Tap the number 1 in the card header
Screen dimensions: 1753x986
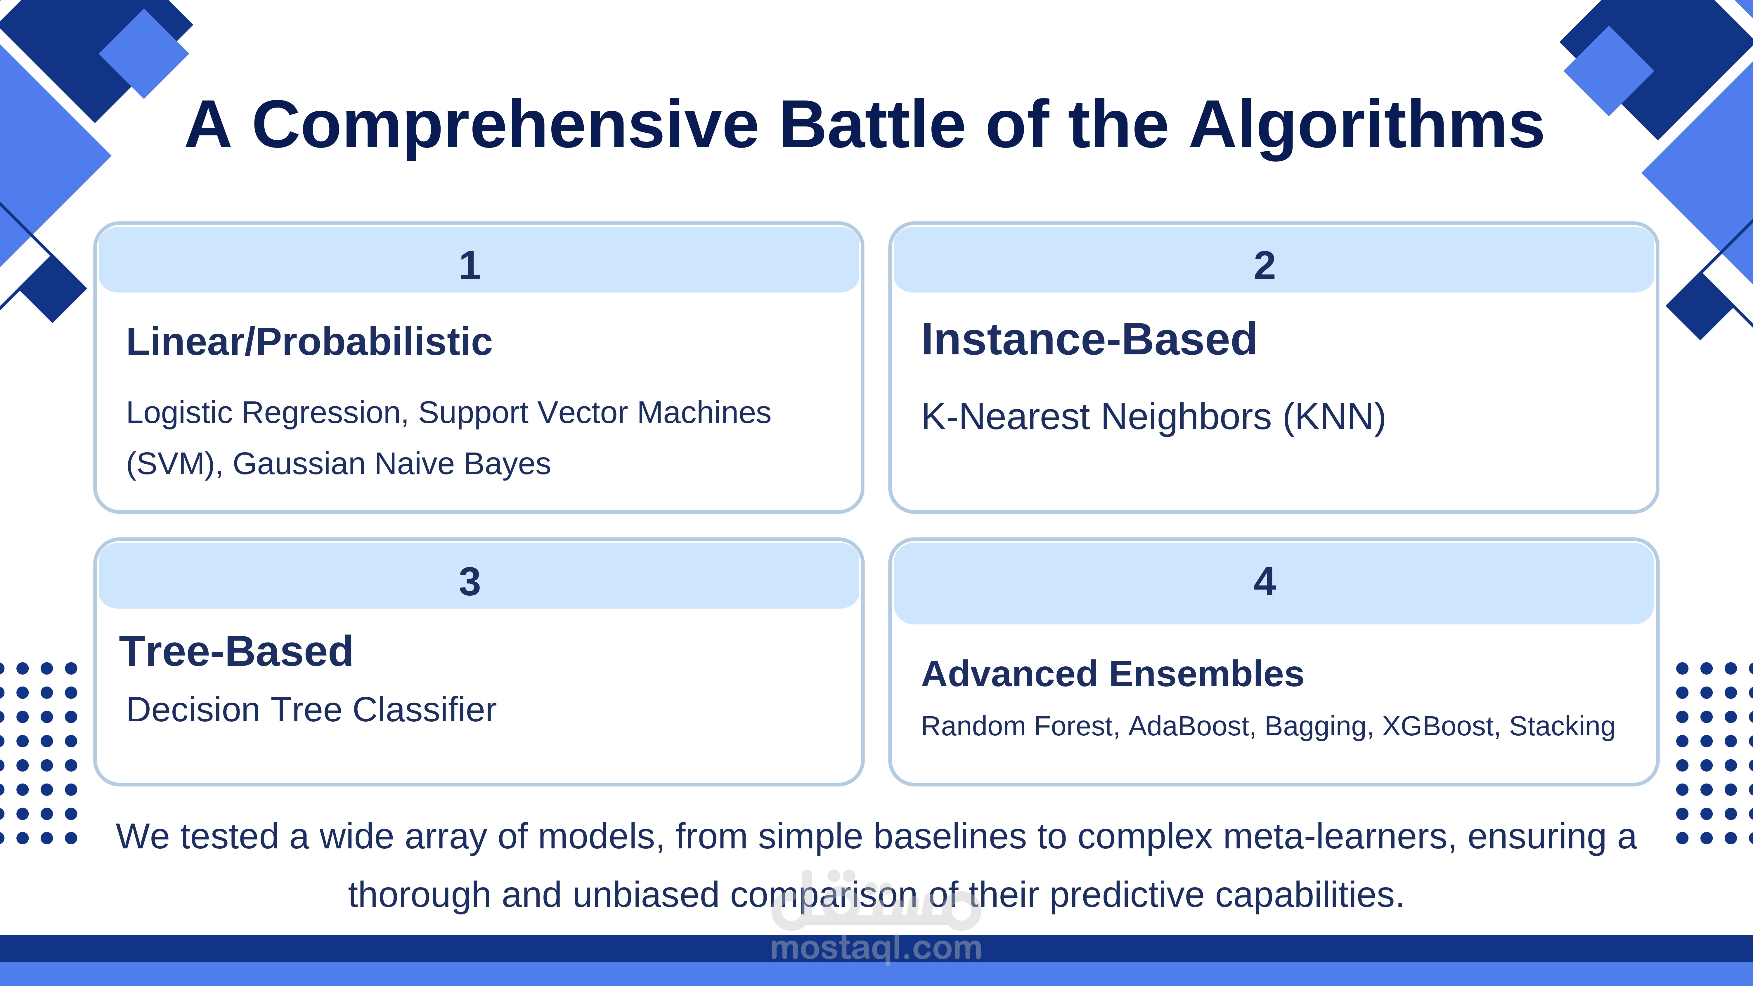(470, 265)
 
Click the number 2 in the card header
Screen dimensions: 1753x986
(1264, 265)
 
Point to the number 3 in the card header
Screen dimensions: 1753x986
(470, 582)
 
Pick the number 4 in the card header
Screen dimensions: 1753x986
(1264, 582)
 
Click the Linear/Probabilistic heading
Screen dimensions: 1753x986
(309, 342)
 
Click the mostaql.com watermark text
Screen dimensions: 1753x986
(876, 948)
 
